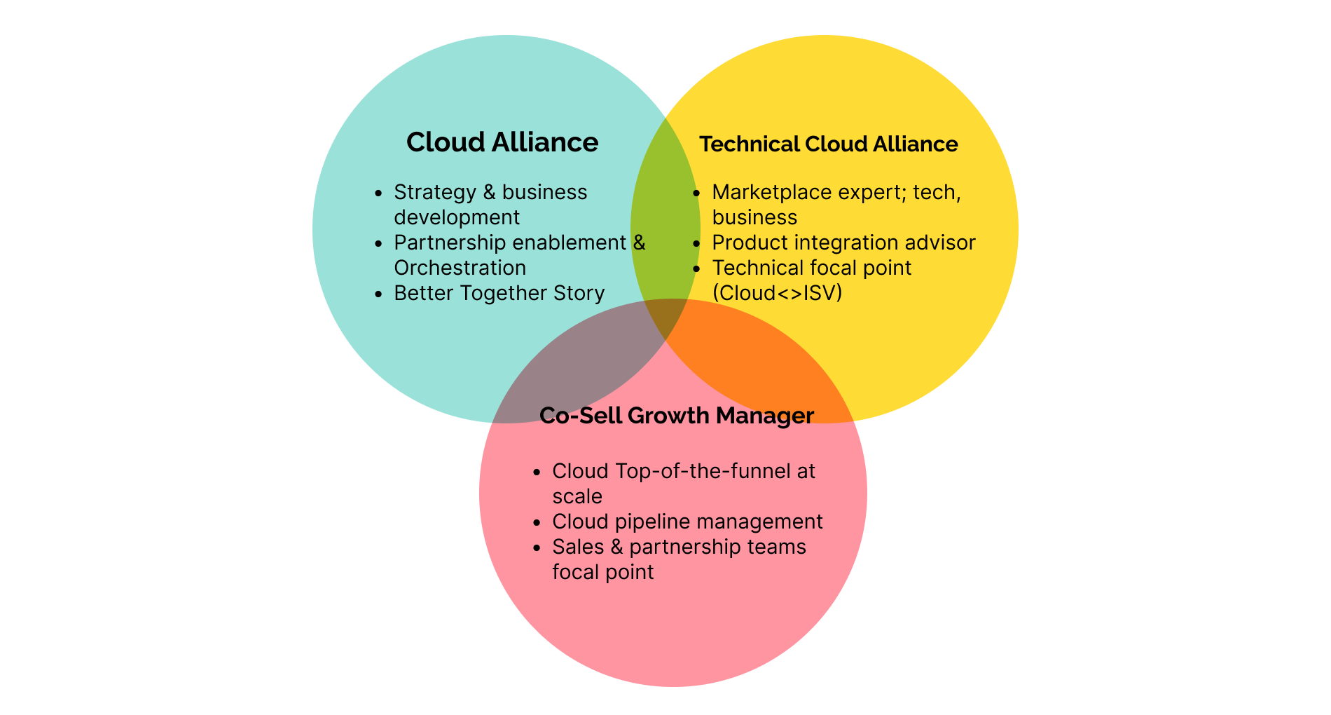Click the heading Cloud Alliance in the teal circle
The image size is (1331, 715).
[502, 142]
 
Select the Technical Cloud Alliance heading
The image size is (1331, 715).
[828, 144]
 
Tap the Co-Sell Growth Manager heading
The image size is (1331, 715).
[676, 415]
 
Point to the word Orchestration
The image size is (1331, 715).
[460, 268]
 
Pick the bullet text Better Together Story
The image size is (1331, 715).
[499, 293]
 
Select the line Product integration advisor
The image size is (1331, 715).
[843, 243]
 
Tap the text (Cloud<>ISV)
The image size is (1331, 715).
[777, 293]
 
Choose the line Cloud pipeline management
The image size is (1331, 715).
[687, 522]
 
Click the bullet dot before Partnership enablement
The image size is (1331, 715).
[379, 243]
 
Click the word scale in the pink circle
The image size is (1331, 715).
[577, 496]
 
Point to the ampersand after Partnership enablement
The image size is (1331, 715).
[639, 243]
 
